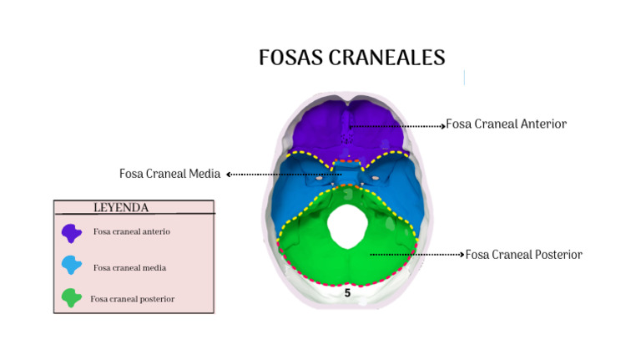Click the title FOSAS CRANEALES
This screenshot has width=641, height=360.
click(x=351, y=58)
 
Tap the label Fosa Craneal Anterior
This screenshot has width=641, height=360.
click(x=507, y=124)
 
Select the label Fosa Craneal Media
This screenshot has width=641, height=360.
click(x=169, y=174)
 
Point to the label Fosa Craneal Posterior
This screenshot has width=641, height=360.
click(x=523, y=255)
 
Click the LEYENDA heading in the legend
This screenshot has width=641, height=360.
click(x=121, y=207)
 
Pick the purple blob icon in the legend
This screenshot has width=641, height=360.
click(x=72, y=232)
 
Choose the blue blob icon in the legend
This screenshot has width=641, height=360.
click(x=72, y=266)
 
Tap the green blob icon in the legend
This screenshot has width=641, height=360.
click(x=72, y=297)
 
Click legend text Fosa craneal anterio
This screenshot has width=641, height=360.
click(x=132, y=231)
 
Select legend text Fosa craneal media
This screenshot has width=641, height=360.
click(x=129, y=268)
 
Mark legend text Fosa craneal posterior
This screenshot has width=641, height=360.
click(x=133, y=298)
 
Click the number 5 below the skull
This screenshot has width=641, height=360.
click(x=347, y=293)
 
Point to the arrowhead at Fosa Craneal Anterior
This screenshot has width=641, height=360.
click(x=442, y=126)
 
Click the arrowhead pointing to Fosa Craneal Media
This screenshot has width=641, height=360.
click(x=229, y=175)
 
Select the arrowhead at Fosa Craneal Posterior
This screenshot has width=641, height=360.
click(x=462, y=255)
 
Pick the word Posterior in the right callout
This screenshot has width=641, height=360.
click(x=555, y=255)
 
